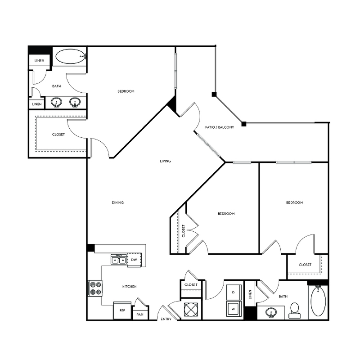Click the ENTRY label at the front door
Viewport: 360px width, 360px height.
point(166,319)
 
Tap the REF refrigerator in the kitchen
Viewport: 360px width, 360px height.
point(122,310)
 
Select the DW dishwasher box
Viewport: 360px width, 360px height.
point(134,260)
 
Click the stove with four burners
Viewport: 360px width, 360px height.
point(95,288)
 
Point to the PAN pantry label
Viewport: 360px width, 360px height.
point(140,315)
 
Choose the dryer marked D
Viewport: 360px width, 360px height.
point(233,292)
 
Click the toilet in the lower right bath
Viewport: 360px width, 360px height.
point(295,310)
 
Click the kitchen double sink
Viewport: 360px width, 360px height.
point(118,259)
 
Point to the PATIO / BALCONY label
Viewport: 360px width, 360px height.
point(220,127)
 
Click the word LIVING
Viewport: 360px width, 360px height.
point(165,161)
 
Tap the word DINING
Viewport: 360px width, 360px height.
point(117,202)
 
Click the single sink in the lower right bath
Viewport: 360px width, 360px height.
point(271,312)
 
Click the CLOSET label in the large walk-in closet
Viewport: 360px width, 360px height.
point(58,134)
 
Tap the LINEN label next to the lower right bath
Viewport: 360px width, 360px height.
point(250,295)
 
